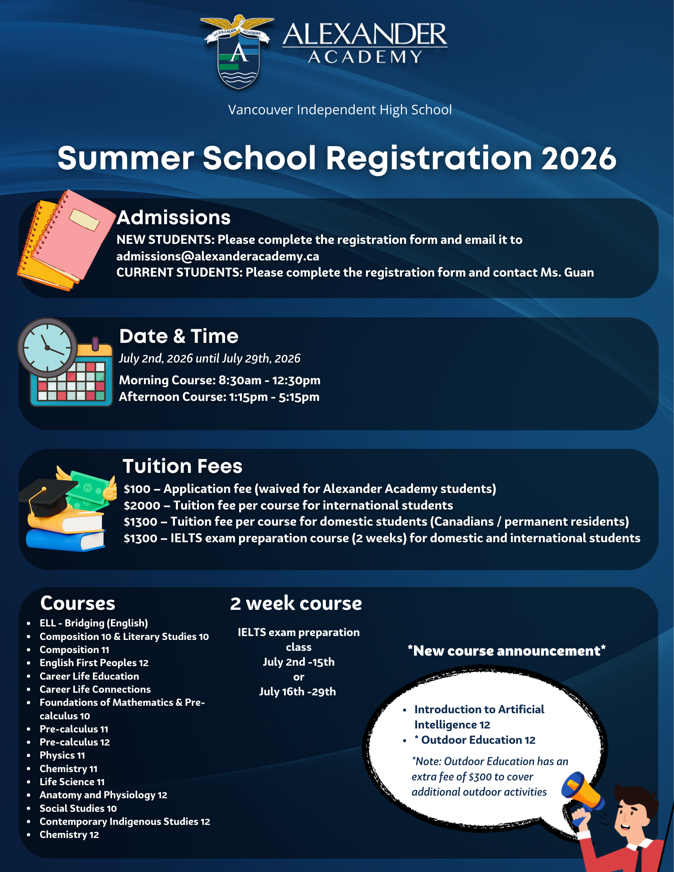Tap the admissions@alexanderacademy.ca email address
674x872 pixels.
click(218, 256)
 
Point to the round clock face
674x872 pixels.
click(47, 348)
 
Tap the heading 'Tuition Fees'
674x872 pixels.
click(182, 466)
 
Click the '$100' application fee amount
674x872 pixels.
click(137, 489)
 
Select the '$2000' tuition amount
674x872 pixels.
click(142, 506)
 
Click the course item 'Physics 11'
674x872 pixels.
click(62, 756)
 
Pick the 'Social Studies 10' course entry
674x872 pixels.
click(78, 809)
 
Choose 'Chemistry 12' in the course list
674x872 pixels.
click(69, 835)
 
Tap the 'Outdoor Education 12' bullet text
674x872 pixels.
click(478, 740)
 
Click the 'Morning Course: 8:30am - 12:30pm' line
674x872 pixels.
click(219, 380)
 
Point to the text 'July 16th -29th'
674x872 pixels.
click(298, 692)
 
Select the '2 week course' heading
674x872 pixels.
click(296, 604)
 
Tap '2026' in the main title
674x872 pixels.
click(578, 158)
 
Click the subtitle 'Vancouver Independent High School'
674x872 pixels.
click(340, 110)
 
